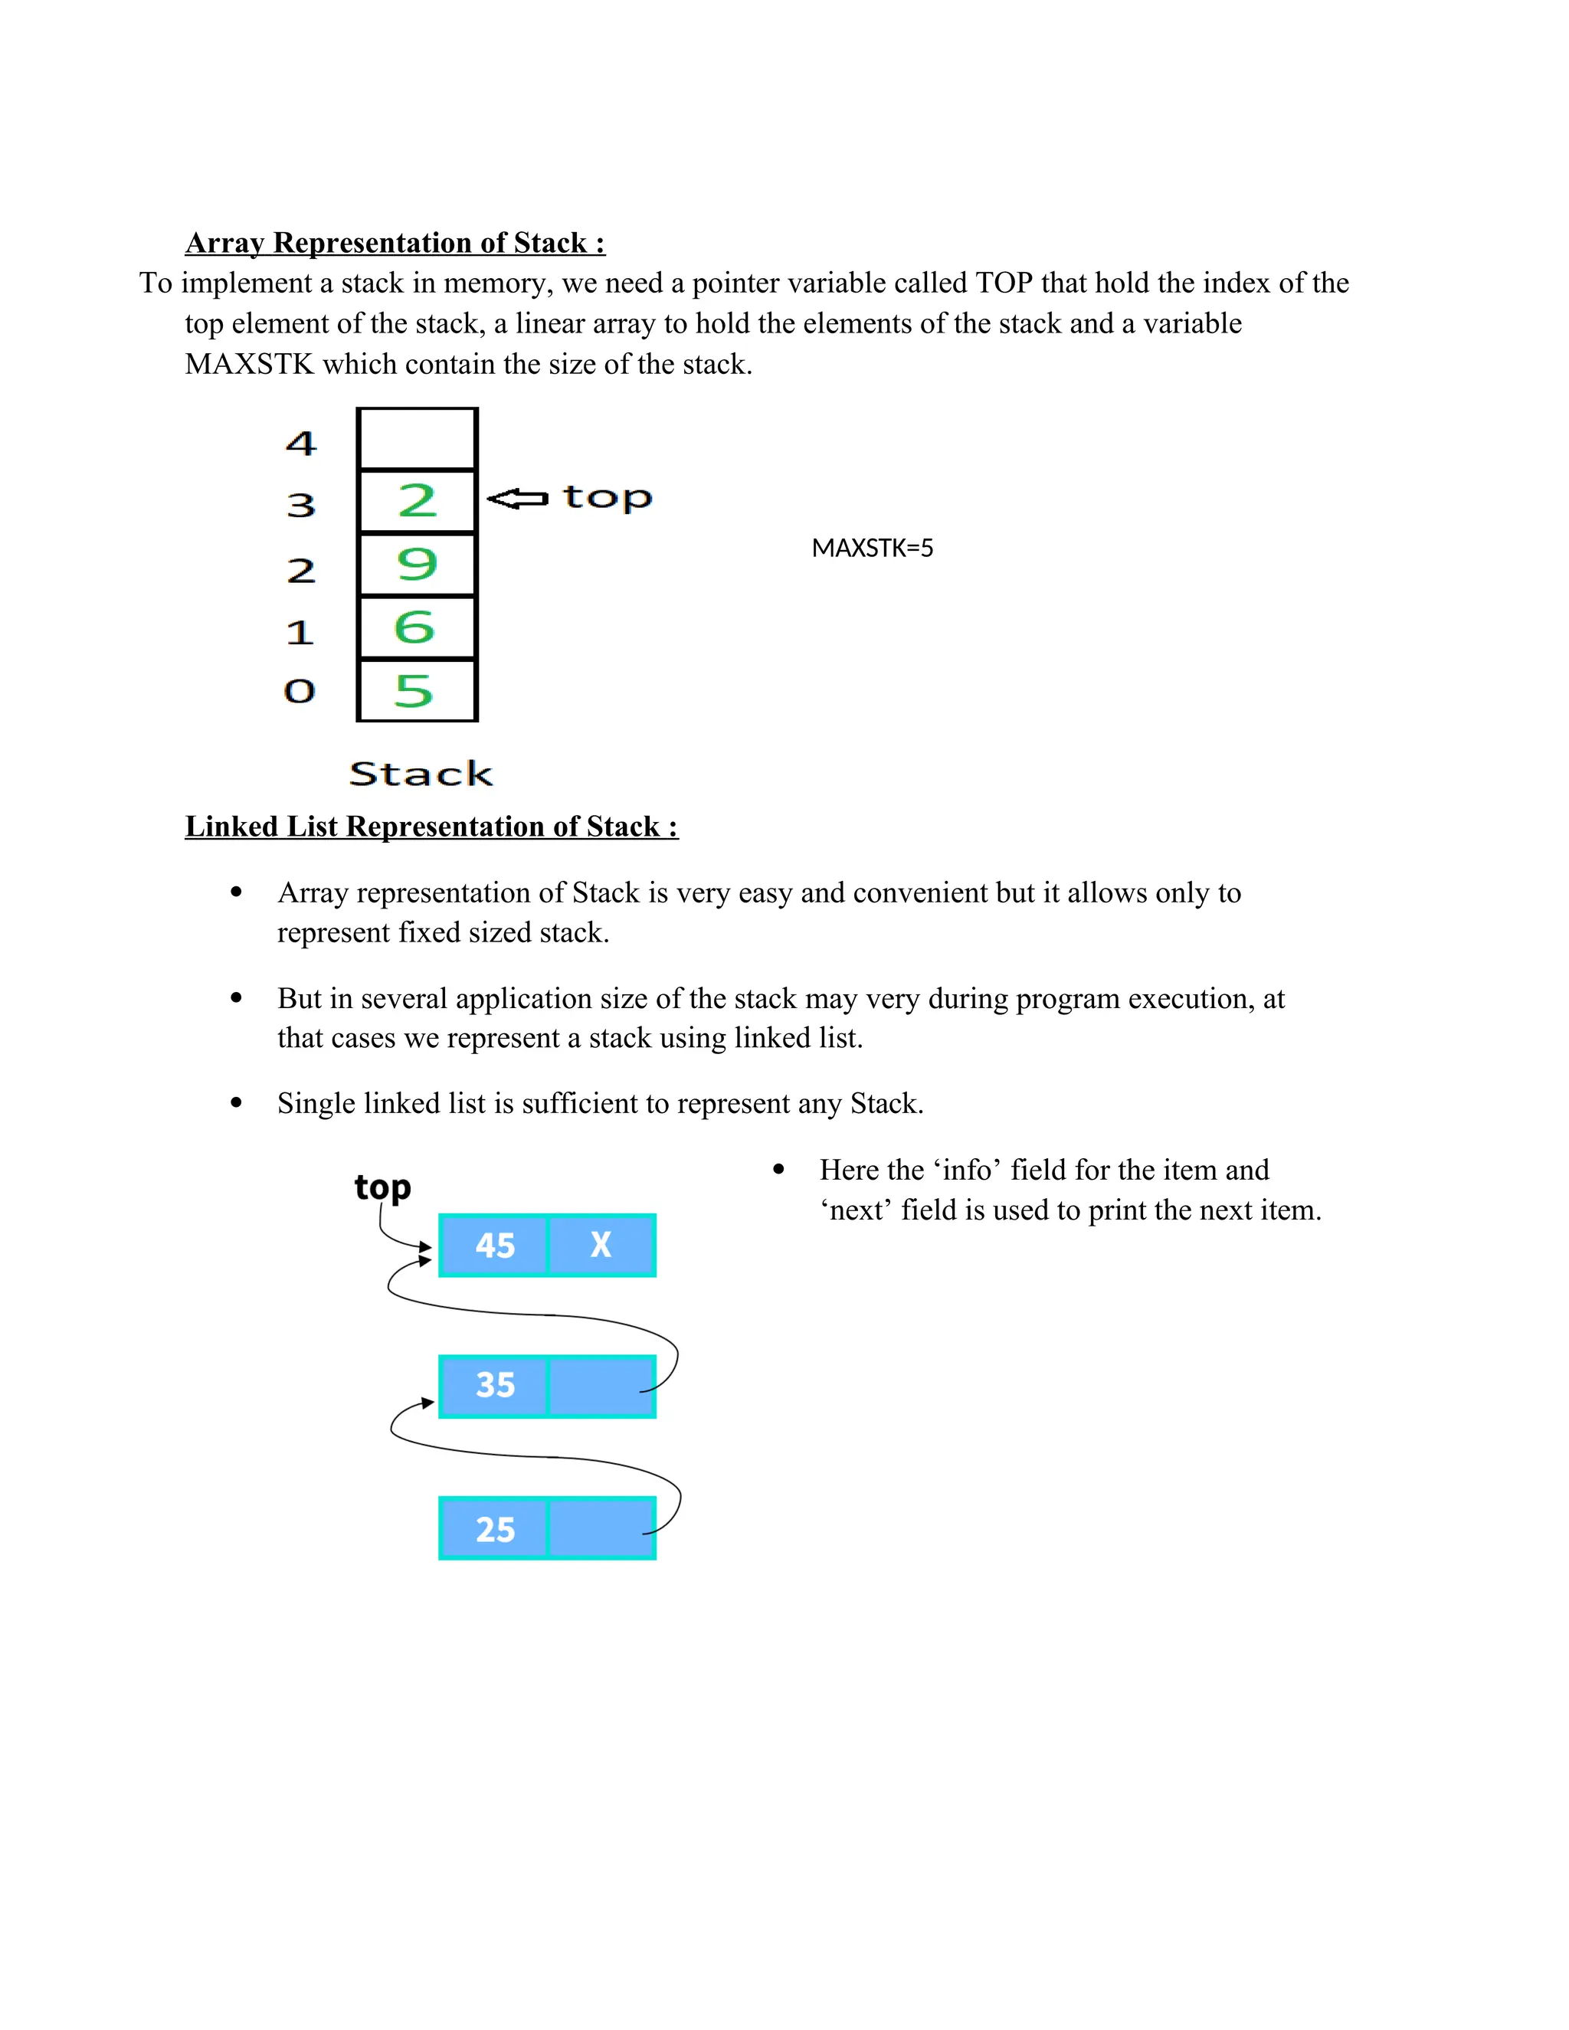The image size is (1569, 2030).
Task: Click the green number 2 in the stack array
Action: coord(417,501)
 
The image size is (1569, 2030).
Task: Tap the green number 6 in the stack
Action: coord(414,627)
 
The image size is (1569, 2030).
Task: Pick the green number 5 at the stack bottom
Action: coord(414,691)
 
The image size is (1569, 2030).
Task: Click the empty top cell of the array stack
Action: coord(418,440)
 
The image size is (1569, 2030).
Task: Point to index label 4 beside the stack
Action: coord(301,444)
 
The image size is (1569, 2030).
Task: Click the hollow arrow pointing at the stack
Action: coord(518,499)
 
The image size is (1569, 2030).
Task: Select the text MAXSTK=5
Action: coord(872,548)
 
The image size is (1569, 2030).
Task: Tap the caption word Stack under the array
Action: coord(420,774)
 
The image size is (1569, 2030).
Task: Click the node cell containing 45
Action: coord(494,1246)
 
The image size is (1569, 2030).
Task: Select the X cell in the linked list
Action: coord(601,1246)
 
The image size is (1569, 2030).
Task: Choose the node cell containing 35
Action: coord(494,1386)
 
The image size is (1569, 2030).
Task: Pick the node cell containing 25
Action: coord(494,1529)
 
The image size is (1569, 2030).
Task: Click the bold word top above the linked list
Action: coord(382,1188)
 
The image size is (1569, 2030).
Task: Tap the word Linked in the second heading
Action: coord(231,827)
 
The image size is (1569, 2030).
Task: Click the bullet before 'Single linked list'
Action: coord(236,1103)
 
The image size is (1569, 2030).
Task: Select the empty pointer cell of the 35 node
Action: coord(601,1386)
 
